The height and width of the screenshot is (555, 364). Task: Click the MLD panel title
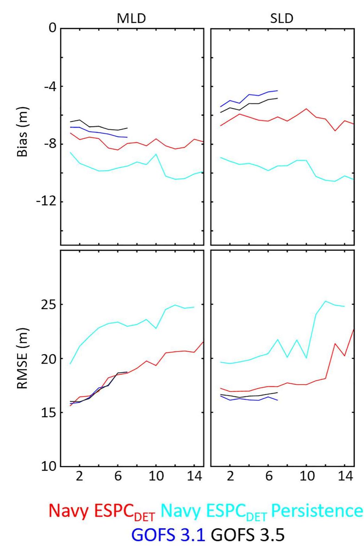click(131, 18)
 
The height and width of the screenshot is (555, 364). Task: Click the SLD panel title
click(282, 18)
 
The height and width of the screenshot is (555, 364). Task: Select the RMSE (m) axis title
click(22, 358)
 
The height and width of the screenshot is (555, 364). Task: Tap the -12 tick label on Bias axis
click(47, 202)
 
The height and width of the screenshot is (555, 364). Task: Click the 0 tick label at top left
click(53, 27)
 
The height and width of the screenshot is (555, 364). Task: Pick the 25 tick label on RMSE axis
click(48, 304)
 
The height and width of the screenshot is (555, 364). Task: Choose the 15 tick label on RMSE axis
click(48, 413)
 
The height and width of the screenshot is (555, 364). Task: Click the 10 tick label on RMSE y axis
click(48, 466)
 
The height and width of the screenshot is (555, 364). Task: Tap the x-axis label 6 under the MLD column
click(118, 476)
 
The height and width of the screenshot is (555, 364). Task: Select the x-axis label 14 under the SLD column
click(345, 476)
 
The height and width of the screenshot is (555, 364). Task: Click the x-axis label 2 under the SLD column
click(230, 476)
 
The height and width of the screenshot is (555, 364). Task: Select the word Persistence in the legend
click(317, 511)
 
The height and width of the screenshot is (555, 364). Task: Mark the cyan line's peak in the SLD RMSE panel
click(326, 301)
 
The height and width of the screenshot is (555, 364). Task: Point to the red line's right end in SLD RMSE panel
click(354, 329)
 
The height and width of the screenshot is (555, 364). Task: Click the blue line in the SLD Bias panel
click(249, 95)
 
